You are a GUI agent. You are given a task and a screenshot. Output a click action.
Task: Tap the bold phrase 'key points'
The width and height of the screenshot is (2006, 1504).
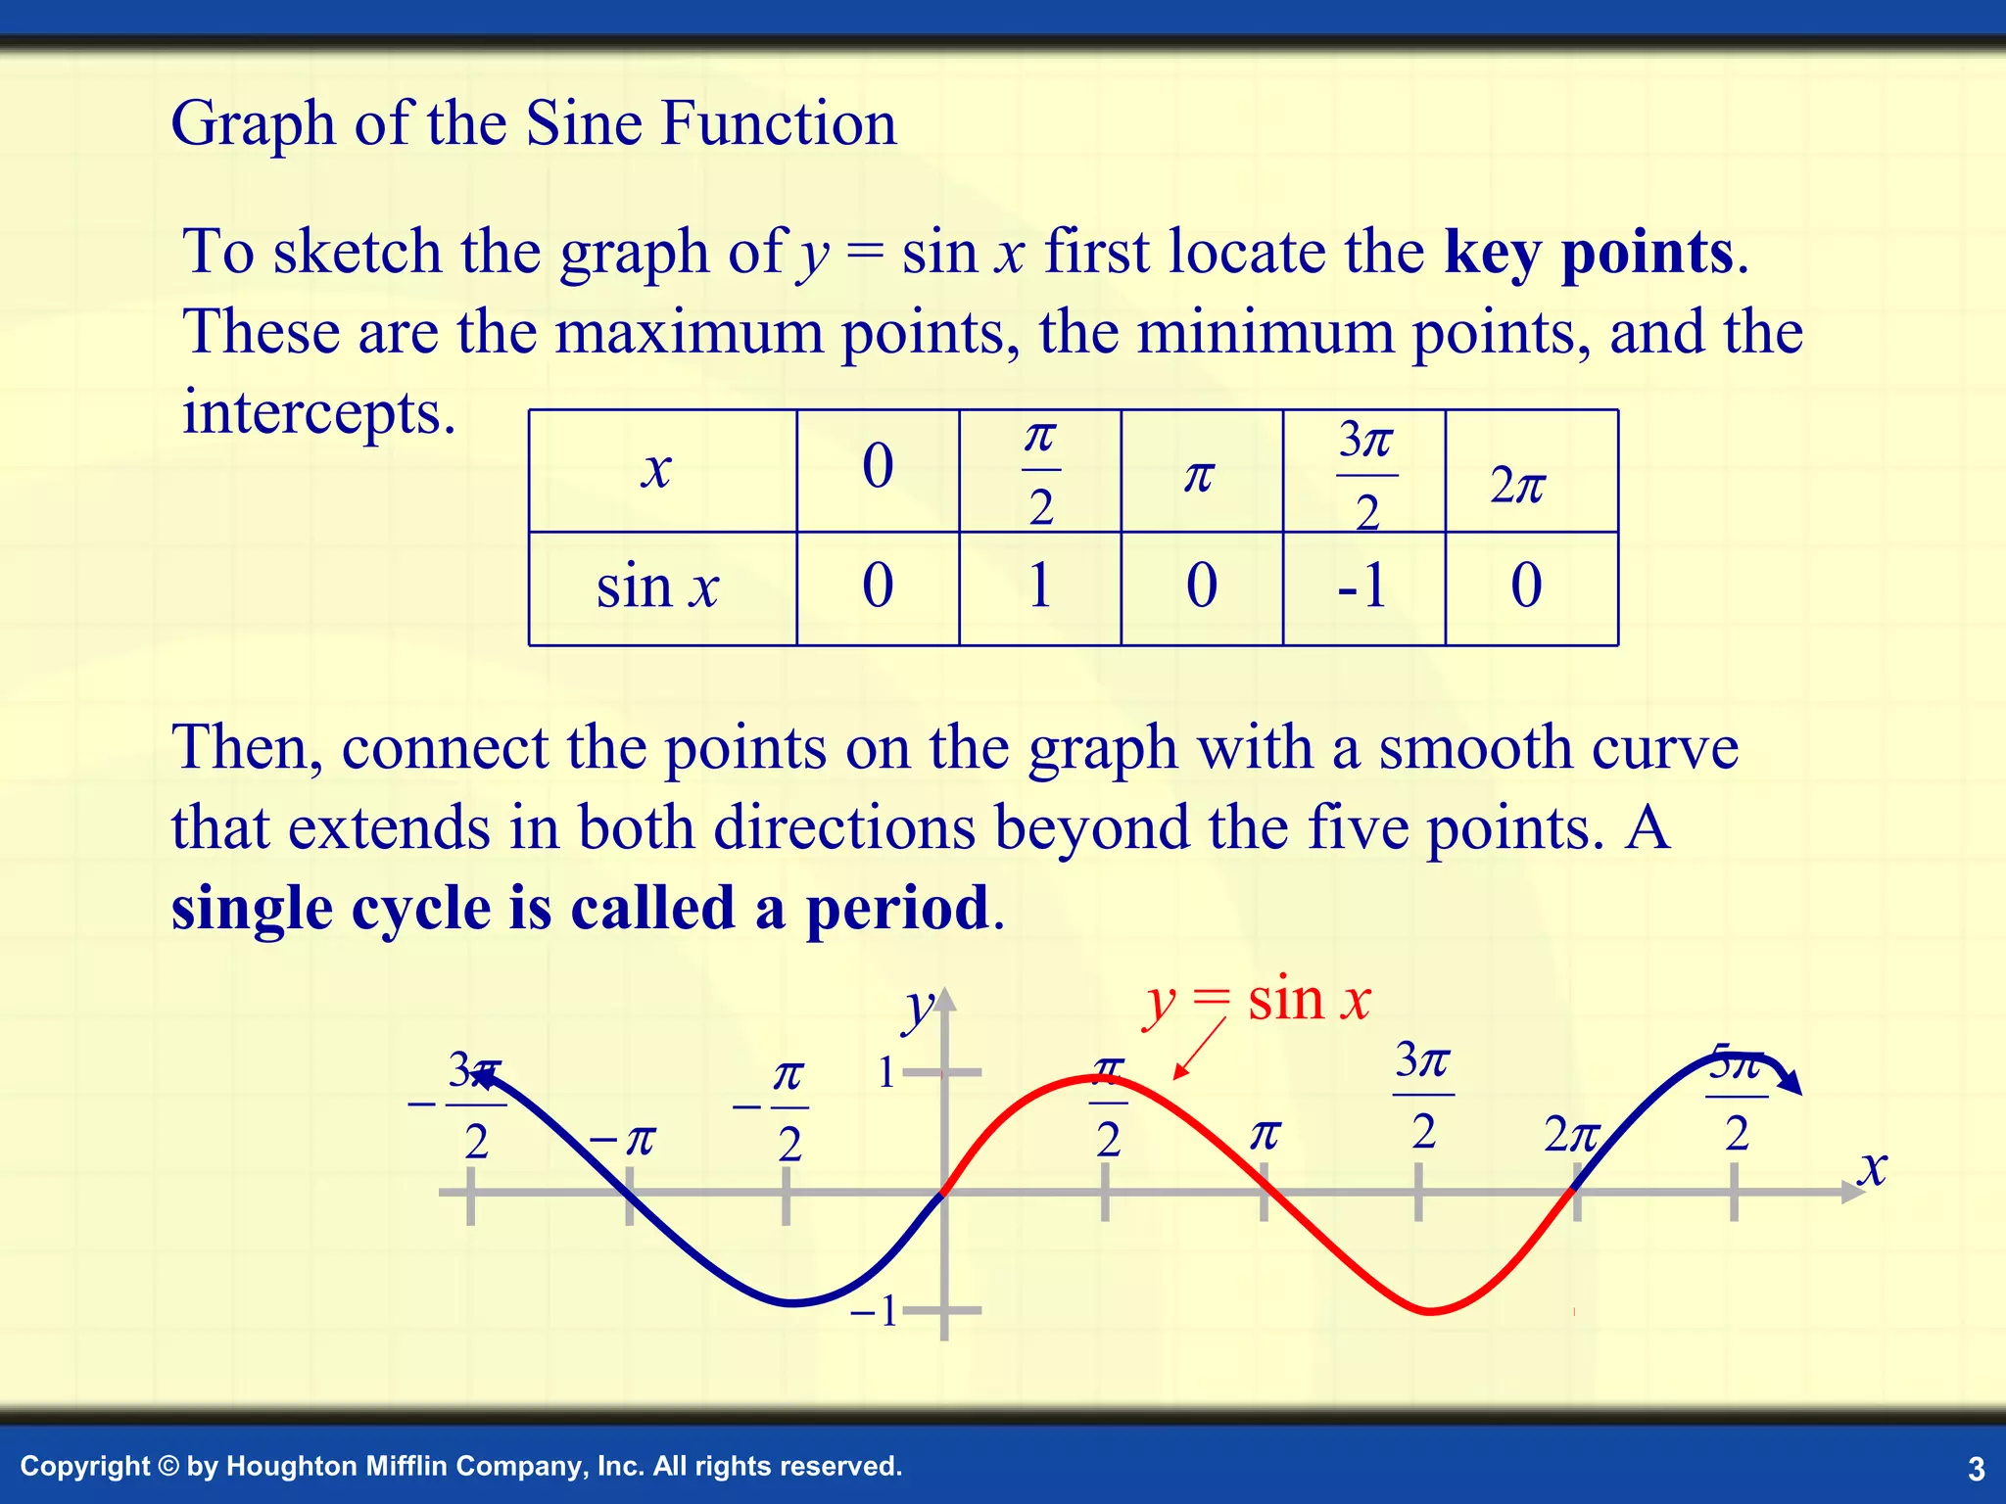(x=1589, y=253)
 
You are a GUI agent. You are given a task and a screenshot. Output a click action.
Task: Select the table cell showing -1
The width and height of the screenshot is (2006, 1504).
(x=1362, y=587)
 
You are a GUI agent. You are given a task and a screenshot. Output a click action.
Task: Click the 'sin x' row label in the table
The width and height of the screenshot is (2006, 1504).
(x=657, y=587)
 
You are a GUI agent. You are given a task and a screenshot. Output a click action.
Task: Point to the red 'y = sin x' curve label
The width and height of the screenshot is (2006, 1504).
(x=1257, y=1002)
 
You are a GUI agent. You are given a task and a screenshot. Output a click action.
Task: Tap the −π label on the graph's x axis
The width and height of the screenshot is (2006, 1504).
(x=623, y=1140)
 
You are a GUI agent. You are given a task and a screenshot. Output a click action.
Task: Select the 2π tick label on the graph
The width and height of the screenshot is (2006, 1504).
(x=1571, y=1135)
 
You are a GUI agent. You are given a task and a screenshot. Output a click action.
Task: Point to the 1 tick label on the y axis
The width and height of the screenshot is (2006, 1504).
(x=886, y=1073)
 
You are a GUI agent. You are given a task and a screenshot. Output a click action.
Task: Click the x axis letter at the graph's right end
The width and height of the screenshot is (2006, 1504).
(x=1873, y=1167)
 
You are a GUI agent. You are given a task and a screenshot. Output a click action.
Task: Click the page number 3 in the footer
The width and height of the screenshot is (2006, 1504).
(x=1976, y=1469)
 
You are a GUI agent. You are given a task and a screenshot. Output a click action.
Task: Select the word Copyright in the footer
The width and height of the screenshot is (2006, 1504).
(x=85, y=1466)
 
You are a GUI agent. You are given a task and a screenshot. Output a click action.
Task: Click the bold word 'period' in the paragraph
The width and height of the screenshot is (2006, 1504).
(x=896, y=908)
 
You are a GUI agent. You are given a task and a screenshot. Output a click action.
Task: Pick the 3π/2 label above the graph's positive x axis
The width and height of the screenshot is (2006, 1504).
(x=1423, y=1094)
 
